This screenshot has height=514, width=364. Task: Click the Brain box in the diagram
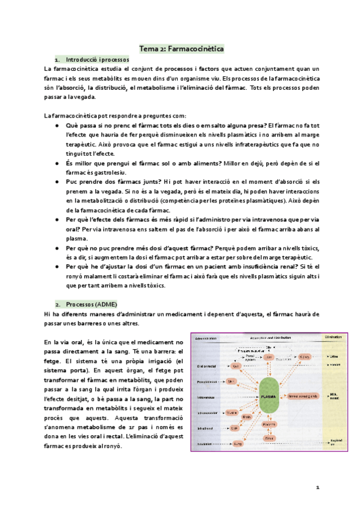pos(247,417)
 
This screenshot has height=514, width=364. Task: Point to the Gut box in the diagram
pos(235,367)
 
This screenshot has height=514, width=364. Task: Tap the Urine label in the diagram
pos(334,357)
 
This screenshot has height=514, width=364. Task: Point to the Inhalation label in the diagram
pos(205,444)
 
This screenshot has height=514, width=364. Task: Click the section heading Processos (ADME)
pos(92,303)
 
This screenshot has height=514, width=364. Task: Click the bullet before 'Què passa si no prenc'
pos(56,125)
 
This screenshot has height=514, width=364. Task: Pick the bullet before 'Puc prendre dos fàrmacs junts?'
pos(56,181)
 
